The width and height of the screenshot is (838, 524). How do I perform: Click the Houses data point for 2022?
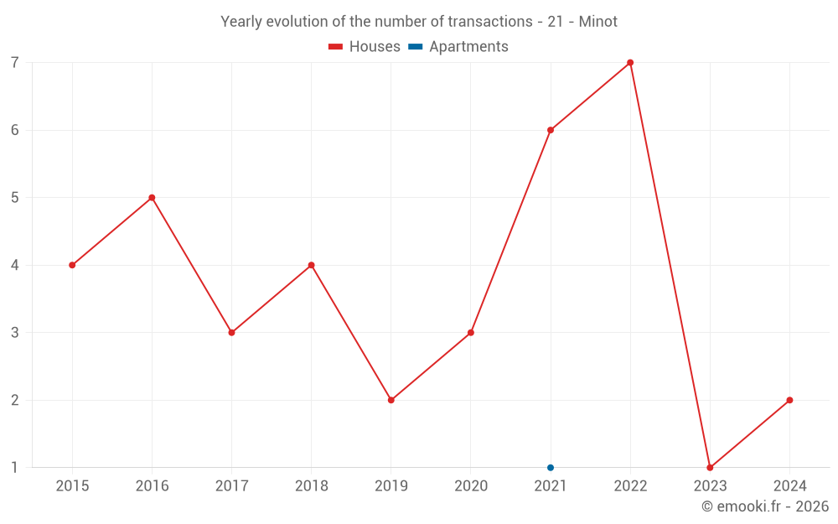tap(630, 63)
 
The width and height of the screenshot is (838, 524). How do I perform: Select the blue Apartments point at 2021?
tap(551, 468)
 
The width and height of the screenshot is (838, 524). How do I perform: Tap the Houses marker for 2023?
tap(710, 468)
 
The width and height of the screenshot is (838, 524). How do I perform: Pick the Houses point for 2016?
tap(152, 198)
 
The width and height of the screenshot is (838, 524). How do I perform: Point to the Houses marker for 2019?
tap(391, 400)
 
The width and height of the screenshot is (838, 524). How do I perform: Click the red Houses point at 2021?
tap(551, 130)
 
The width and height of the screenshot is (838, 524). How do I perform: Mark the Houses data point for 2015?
tap(72, 265)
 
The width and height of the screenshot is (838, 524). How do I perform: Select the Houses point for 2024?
tap(789, 400)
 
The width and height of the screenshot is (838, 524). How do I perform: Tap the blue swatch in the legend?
tap(416, 47)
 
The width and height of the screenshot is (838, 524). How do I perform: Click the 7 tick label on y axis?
tap(15, 63)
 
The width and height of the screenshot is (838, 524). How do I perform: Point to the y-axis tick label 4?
tap(15, 265)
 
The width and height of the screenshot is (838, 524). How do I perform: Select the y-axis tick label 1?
tap(15, 468)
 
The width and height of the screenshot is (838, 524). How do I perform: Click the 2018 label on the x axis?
tap(311, 486)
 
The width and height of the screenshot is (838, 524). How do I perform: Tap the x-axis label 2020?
tap(471, 486)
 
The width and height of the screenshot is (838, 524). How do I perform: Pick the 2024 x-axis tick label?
tap(789, 486)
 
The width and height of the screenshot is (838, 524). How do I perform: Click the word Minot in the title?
tap(598, 22)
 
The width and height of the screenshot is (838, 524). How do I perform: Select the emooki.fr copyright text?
tap(764, 506)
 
